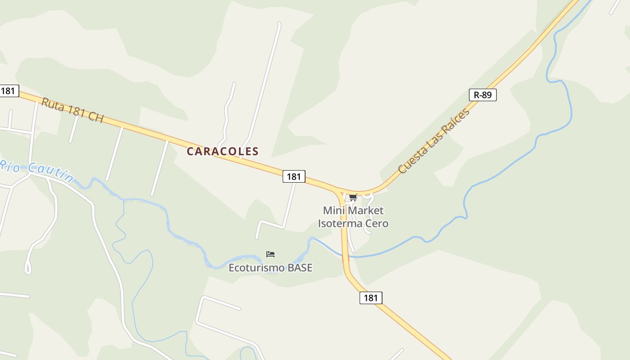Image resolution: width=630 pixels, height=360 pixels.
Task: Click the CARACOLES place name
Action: pos(223,152)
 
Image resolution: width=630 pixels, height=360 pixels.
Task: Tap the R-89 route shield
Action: pos(483,95)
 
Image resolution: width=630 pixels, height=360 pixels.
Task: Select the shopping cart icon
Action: pos(353,197)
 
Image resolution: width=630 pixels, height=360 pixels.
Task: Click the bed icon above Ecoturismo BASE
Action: pos(270,254)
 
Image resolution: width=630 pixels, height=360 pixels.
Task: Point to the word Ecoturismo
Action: pos(256,268)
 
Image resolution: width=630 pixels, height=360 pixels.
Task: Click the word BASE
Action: pos(300,268)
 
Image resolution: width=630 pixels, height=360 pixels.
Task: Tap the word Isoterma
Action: pos(339,223)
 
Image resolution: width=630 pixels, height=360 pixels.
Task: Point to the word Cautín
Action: pos(50,172)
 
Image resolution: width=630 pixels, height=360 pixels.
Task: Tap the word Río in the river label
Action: pos(10,165)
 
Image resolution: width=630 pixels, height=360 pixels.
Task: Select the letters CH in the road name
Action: pos(96,117)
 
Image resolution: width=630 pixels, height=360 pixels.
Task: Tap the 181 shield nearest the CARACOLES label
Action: pos(294,176)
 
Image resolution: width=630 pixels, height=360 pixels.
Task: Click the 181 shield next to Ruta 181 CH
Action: pos(8,90)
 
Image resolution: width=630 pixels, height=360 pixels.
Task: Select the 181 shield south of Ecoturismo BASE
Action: pos(371,297)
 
